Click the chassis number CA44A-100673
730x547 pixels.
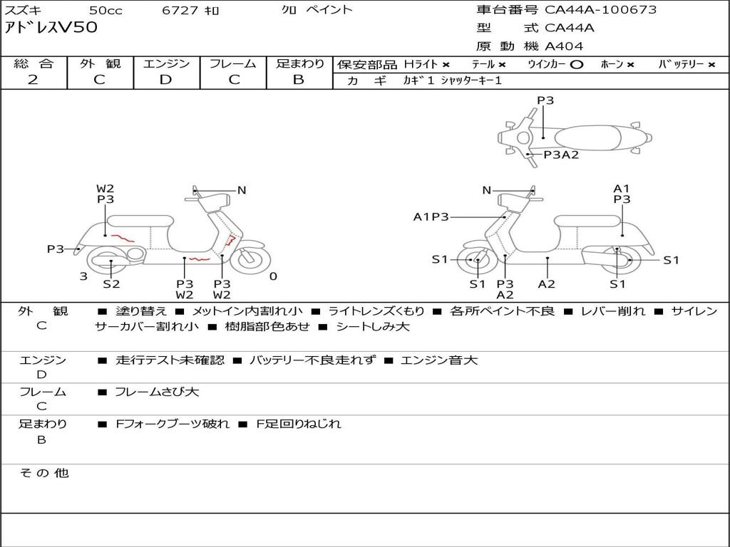(600, 10)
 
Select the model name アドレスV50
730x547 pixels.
(51, 28)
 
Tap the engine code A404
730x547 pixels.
(564, 46)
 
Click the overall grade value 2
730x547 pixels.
(33, 79)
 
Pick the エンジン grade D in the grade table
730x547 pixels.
(166, 79)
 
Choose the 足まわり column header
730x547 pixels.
(300, 63)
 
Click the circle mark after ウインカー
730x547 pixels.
(577, 64)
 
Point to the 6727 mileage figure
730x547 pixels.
(181, 11)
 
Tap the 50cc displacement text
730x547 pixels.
(105, 11)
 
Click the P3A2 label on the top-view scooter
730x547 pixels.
(561, 155)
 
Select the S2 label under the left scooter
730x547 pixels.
(111, 284)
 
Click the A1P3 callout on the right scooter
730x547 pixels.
(431, 217)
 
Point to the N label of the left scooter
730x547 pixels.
(242, 190)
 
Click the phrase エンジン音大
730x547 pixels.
(439, 360)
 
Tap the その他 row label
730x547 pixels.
(43, 473)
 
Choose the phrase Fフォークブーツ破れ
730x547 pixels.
(173, 424)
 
